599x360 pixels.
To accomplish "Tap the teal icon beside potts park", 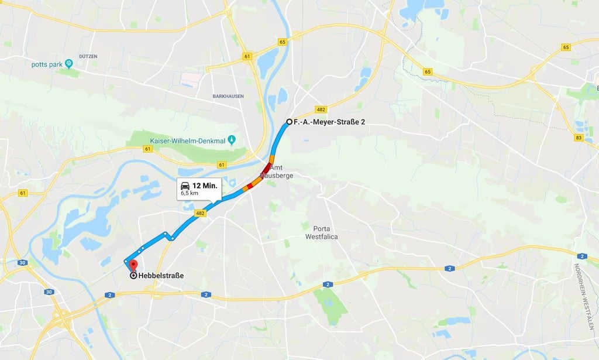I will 68,63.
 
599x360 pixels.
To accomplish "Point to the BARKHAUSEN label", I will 229,95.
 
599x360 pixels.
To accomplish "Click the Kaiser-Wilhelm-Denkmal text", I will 187,140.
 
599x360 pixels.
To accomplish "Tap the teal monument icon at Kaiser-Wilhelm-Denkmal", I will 232,140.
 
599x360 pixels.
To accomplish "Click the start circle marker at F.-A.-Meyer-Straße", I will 288,122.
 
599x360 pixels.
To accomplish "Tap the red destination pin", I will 133,265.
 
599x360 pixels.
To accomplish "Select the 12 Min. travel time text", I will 205,185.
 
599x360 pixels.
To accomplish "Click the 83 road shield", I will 579,137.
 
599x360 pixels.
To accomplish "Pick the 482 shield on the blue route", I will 201,213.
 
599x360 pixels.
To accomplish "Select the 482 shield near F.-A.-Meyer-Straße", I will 320,109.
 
